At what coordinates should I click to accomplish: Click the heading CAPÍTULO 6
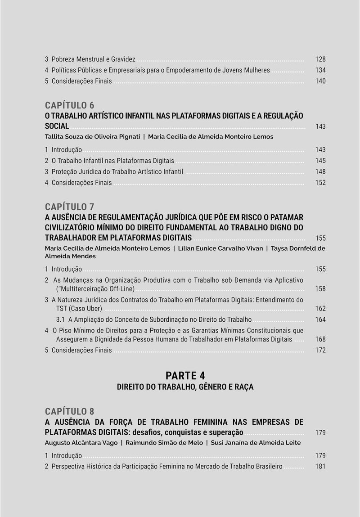pos(70,105)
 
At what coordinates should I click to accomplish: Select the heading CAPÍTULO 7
pos(70,207)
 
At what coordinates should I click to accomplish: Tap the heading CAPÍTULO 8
pos(70,411)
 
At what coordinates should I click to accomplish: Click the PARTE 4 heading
pos(185,376)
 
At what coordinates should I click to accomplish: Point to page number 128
pos(320,59)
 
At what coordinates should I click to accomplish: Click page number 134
pos(320,70)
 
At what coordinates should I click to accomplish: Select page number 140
pos(320,81)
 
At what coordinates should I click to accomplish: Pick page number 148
pos(320,172)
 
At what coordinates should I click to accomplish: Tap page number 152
pos(320,183)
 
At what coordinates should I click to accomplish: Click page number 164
pos(320,320)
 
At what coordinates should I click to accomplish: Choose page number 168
pos(320,340)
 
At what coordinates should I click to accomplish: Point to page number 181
pos(320,467)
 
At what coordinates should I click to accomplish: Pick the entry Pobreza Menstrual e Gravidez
pos(93,59)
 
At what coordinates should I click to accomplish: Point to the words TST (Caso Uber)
pos(79,309)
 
